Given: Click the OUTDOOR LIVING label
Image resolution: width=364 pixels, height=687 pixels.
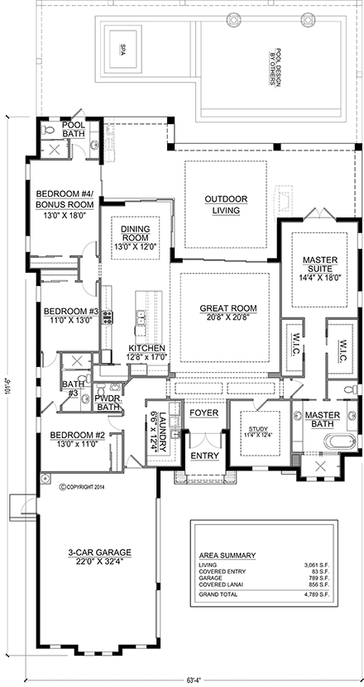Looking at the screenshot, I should click(223, 204).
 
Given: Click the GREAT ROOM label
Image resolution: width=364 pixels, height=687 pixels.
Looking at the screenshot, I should click(227, 308).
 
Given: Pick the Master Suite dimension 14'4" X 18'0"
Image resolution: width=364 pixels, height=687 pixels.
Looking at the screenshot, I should click(319, 279).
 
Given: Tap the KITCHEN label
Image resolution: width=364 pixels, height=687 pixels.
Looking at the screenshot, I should click(146, 349).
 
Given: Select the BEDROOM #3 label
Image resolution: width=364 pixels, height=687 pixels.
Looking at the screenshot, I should click(71, 312).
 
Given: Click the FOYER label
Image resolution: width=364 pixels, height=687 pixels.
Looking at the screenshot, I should click(204, 412).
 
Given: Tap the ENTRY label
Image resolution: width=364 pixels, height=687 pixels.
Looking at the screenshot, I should click(204, 456).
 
